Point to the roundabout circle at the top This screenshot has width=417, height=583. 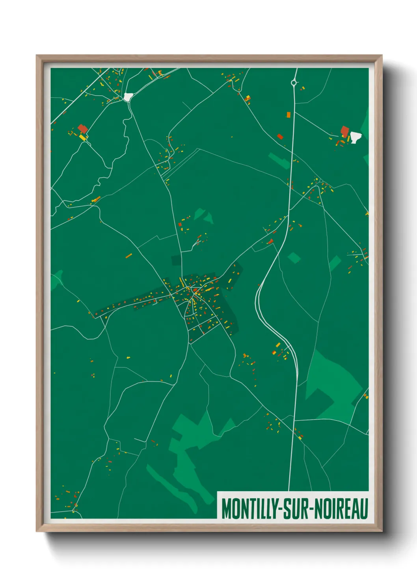(x=293, y=83)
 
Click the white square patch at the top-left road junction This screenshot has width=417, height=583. (x=128, y=97)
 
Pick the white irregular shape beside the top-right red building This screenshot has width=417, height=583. (x=356, y=137)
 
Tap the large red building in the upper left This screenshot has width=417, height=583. (x=82, y=128)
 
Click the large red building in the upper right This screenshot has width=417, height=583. (x=345, y=131)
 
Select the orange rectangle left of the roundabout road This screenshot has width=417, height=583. (x=288, y=115)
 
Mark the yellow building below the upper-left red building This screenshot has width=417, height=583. (x=83, y=137)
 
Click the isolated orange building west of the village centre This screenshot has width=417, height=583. (x=128, y=256)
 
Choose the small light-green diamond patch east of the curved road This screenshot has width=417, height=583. (x=294, y=258)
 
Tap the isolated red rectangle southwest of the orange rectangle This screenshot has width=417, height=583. (x=280, y=137)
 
